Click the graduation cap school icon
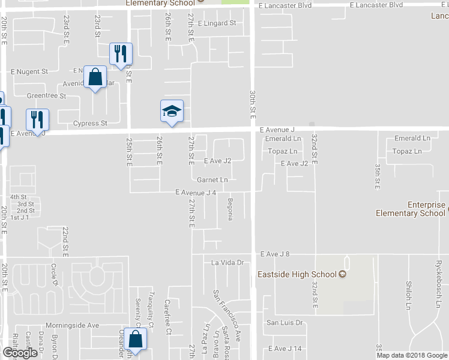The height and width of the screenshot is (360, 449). click(x=172, y=111)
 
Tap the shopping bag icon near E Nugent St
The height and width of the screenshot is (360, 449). click(x=95, y=77)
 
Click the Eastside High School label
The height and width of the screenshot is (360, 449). click(x=301, y=275)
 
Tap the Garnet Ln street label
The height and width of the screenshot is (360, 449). click(x=212, y=179)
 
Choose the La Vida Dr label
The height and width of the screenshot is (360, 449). click(x=227, y=263)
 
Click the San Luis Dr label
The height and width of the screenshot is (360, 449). click(x=285, y=323)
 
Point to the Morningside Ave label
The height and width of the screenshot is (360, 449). click(x=74, y=325)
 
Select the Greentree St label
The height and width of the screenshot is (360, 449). click(x=46, y=95)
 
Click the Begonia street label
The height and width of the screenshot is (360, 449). click(x=230, y=208)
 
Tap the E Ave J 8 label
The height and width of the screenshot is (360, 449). click(x=275, y=254)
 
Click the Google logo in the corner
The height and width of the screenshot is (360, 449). click(x=20, y=353)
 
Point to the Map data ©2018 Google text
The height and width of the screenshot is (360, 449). click(x=412, y=355)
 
